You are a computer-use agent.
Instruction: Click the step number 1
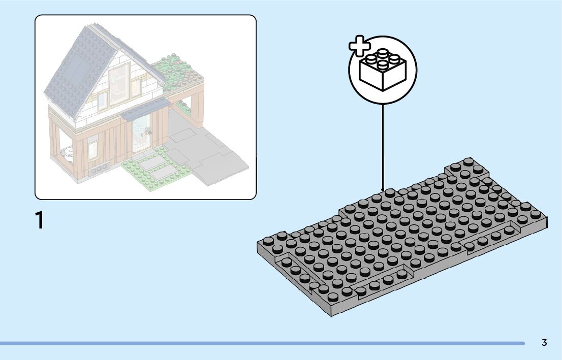39,221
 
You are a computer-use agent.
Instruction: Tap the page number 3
544,343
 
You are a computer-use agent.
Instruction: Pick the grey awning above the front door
145,108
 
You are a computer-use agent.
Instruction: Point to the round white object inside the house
66,150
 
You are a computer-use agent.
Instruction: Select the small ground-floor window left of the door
92,149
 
